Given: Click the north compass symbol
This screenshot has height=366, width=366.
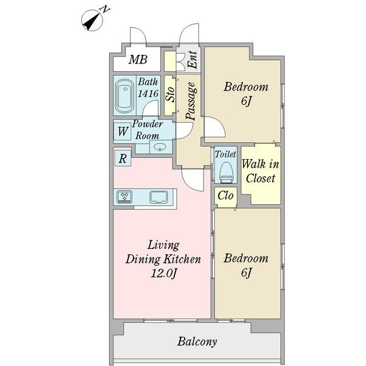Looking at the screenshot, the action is pos(92,20).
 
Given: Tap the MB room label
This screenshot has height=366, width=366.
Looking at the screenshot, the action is pos(138,60).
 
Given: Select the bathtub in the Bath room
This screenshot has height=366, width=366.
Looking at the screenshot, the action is pos(125,96).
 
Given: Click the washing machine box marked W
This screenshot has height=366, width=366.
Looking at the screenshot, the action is pos(122,132).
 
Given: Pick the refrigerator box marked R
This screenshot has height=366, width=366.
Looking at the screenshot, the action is pos(123,158).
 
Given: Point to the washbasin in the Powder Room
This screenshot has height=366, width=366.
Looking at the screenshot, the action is pos(160,147).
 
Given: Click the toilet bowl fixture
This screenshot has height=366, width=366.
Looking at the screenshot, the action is pos(226,172).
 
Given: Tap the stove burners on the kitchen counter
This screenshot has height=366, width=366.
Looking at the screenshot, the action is pos(124,196).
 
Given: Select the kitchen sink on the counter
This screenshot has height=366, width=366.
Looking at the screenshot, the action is pos(159,197).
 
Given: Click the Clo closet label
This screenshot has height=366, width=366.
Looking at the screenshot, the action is pos(226,195).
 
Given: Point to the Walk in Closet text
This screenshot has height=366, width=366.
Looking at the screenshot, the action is pos(260,171).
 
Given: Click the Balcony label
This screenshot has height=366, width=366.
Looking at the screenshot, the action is pos(197,342).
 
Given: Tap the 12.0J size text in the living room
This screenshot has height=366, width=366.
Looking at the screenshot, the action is pos(163,273).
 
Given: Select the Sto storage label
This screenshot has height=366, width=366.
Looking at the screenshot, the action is pos(170,95).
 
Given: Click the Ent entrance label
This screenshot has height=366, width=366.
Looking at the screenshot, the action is pos(193,60).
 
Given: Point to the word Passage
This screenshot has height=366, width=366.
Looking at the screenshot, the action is pos(191,101).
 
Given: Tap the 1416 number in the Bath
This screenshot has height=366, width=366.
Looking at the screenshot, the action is pos(148,93).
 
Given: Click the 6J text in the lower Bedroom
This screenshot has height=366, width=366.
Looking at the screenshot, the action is pos(246,273).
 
